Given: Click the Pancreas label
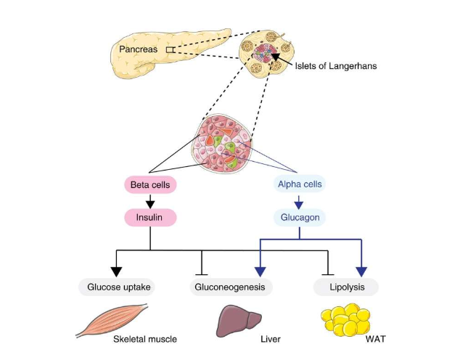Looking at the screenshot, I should [138, 49].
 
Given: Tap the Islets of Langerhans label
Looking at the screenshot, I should [336, 66].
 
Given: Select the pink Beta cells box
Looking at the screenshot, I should [150, 185].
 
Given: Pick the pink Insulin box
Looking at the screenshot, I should [150, 217].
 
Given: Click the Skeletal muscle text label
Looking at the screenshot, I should [145, 339].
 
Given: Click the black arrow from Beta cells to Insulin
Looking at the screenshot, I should [150, 201].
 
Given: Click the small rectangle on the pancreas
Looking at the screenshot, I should [169, 49].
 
